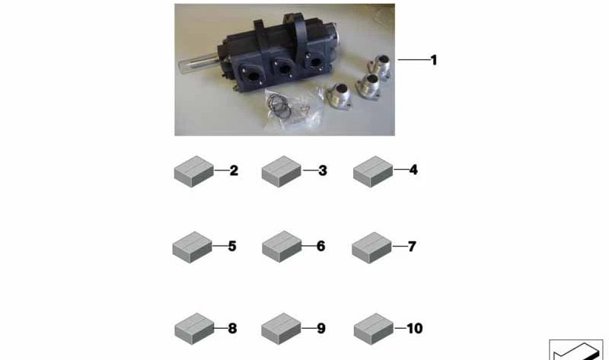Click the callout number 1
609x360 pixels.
pyautogui.click(x=434, y=60)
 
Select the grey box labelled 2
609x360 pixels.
pyautogui.click(x=194, y=172)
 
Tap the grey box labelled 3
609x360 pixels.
pyautogui.click(x=282, y=172)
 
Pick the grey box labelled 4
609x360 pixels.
pyautogui.click(x=373, y=172)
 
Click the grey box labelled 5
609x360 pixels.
pyautogui.click(x=193, y=247)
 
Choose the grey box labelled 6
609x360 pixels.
pyautogui.click(x=282, y=247)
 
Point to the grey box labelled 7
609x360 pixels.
pyautogui.click(x=371, y=248)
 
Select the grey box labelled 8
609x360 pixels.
pyautogui.click(x=195, y=329)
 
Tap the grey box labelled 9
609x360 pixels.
pyautogui.click(x=281, y=329)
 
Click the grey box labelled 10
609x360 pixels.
pyautogui.click(x=374, y=329)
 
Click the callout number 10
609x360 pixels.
pyautogui.click(x=414, y=329)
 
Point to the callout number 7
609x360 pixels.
pyautogui.click(x=412, y=247)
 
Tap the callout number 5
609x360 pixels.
pyautogui.click(x=232, y=246)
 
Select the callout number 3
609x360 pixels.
pyautogui.click(x=323, y=170)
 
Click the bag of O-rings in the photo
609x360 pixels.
pyautogui.click(x=292, y=109)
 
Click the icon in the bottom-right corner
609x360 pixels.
pyautogui.click(x=576, y=350)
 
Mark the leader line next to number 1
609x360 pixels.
pyautogui.click(x=413, y=60)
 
